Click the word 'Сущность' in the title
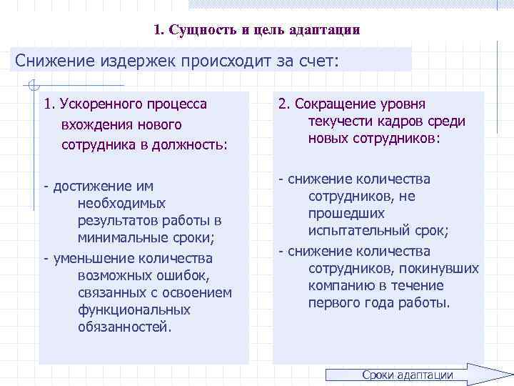coord(198,31)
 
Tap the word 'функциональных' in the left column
coord(134,310)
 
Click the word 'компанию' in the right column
coord(338,285)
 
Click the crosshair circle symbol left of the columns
coord(30,87)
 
